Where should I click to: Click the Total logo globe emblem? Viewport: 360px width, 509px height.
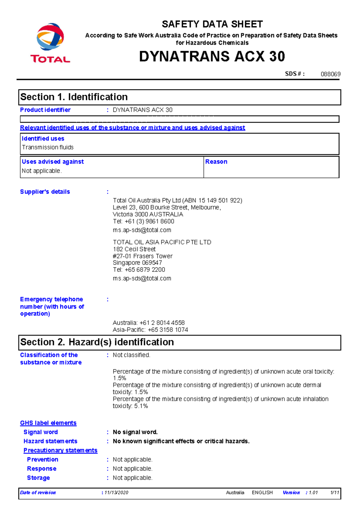pyautogui.click(x=50, y=37)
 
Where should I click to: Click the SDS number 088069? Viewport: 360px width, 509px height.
pyautogui.click(x=330, y=74)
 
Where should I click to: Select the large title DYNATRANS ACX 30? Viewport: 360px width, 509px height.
pyautogui.click(x=212, y=56)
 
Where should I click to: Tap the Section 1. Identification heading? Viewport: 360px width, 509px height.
pyautogui.click(x=74, y=97)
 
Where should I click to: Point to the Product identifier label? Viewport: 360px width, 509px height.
pyautogui.click(x=45, y=110)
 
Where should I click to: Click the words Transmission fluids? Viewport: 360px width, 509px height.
pyautogui.click(x=48, y=147)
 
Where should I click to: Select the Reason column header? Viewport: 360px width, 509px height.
pyautogui.click(x=216, y=162)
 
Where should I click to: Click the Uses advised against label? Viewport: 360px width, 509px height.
pyautogui.click(x=53, y=162)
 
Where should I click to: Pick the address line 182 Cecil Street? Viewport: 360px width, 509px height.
pyautogui.click(x=134, y=249)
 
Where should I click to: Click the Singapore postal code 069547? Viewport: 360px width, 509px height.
pyautogui.click(x=152, y=263)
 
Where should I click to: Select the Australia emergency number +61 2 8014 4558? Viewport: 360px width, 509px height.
pyautogui.click(x=162, y=323)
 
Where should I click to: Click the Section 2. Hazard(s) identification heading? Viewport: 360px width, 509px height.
pyautogui.click(x=97, y=342)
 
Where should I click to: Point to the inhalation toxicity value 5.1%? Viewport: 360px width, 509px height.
pyautogui.click(x=141, y=406)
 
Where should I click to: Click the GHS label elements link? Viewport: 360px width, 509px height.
pyautogui.click(x=48, y=423)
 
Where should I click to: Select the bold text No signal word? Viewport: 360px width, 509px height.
pyautogui.click(x=135, y=432)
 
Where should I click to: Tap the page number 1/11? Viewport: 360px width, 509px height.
pyautogui.click(x=334, y=493)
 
